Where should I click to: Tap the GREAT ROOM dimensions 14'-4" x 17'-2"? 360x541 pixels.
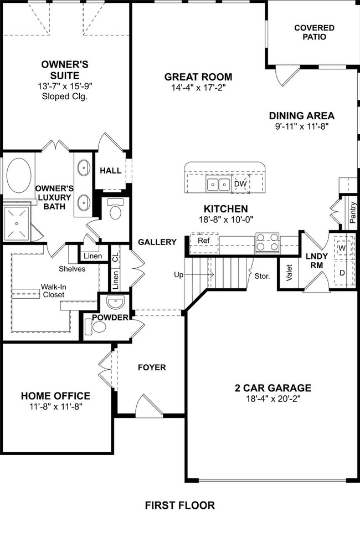click(x=198, y=88)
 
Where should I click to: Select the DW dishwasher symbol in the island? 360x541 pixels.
click(x=240, y=184)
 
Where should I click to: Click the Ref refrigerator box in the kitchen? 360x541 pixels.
click(x=203, y=241)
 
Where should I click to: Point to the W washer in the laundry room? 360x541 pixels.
click(x=342, y=248)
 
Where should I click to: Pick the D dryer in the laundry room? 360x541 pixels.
click(x=342, y=273)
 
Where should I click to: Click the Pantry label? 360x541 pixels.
click(x=353, y=213)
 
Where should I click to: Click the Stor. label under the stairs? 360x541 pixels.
click(x=261, y=275)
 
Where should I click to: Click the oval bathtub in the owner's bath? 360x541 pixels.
click(x=19, y=175)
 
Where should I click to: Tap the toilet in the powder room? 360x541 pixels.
click(x=99, y=327)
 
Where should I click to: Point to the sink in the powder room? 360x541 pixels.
click(x=116, y=303)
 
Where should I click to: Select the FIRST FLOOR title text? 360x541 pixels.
click(x=179, y=505)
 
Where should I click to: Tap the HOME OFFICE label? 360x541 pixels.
click(x=55, y=396)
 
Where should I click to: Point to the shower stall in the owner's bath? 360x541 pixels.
click(x=16, y=223)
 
